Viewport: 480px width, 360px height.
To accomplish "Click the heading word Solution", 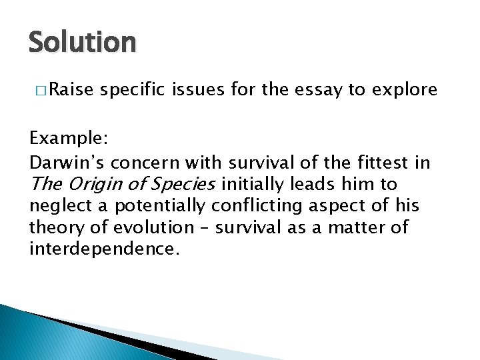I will [x=82, y=43].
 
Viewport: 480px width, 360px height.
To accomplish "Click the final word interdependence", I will [x=104, y=250].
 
